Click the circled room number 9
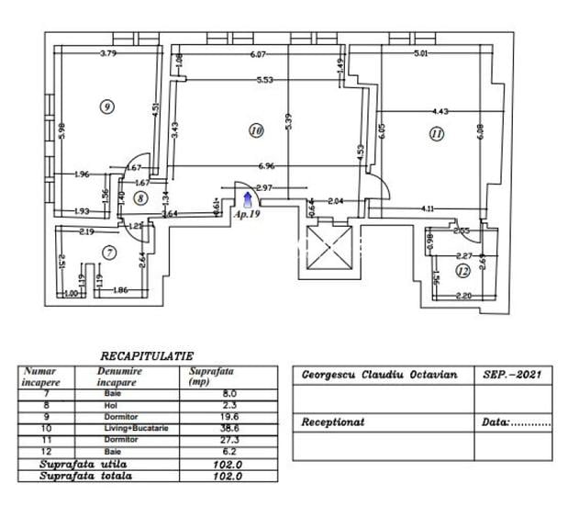point(108,107)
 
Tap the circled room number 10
point(256,131)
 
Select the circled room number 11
point(436,133)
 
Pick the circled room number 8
point(139,197)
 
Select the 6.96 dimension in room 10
point(267,166)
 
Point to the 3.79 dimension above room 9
point(108,53)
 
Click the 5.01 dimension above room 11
point(421,53)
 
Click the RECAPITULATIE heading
point(147,355)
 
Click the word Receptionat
point(333,423)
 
